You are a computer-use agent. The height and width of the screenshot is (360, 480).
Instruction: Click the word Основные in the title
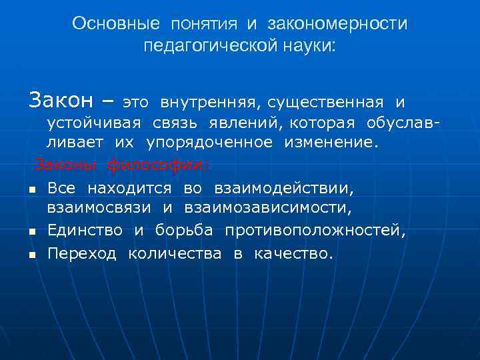pyautogui.click(x=116, y=24)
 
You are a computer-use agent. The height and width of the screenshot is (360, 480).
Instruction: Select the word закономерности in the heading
pyautogui.click(x=337, y=24)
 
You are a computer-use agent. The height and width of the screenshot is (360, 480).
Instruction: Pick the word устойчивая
pyautogui.click(x=93, y=123)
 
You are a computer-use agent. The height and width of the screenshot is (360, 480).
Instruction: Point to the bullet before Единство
pyautogui.click(x=31, y=233)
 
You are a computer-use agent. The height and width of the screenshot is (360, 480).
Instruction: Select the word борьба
pyautogui.click(x=184, y=231)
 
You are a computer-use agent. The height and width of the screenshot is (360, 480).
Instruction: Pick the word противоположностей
pyautogui.click(x=315, y=231)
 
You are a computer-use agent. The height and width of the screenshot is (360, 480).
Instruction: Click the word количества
pyautogui.click(x=175, y=253)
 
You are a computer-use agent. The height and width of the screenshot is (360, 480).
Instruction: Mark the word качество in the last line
pyautogui.click(x=293, y=253)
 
